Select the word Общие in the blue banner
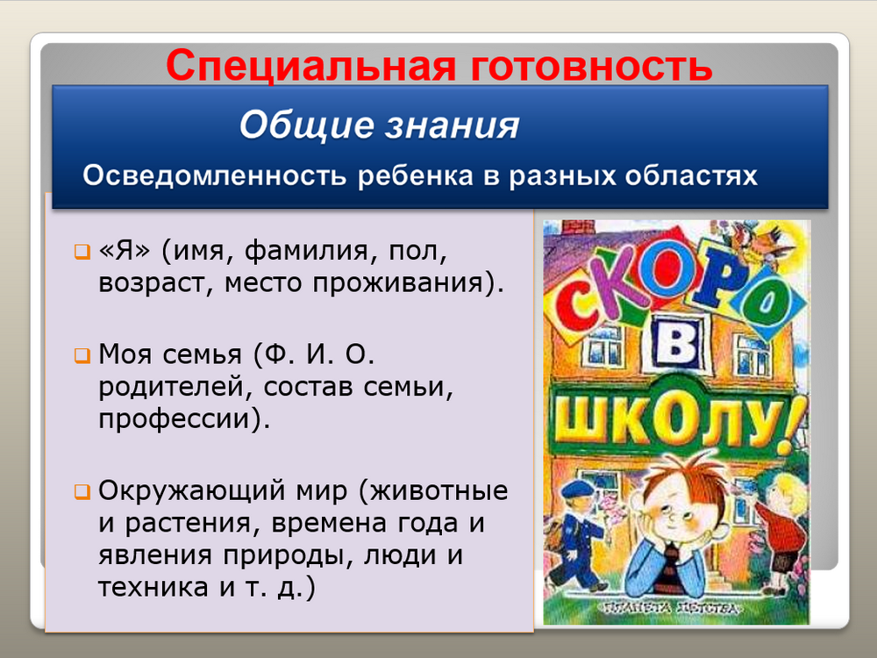pos(306,125)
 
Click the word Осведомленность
pos(214,175)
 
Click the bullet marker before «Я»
pos(82,251)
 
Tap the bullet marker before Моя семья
pos(82,355)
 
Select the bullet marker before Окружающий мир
pos(82,492)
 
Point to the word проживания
pos(397,283)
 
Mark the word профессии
pos(173,419)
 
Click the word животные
pos(439,490)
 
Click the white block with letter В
pos(675,342)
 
